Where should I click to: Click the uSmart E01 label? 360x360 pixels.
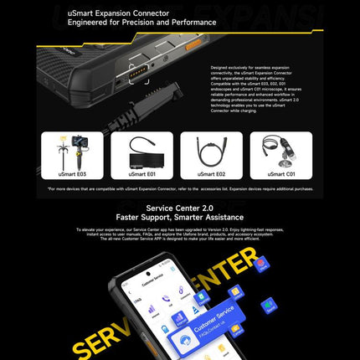(143, 174)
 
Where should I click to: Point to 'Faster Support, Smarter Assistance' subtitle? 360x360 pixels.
(179, 218)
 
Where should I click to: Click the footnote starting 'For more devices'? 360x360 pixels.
(179, 189)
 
